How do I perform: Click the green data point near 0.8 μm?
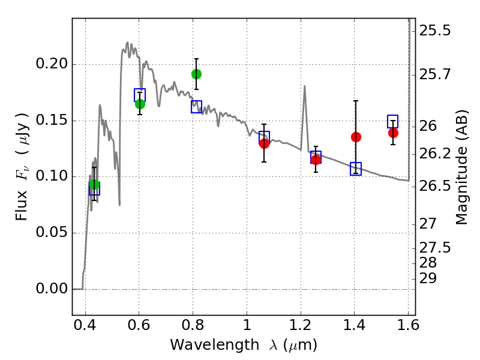pos(197,74)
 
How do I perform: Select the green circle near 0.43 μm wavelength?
pos(95,185)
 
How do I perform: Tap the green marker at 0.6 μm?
pos(140,104)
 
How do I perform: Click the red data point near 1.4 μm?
pos(356,137)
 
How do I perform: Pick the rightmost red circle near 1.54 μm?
pos(394,133)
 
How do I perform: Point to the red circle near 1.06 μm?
pos(264,143)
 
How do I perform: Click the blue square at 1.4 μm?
pos(356,169)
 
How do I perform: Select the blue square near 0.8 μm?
pos(197,107)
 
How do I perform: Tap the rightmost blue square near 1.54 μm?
pos(393,122)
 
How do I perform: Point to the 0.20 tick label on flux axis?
pos(52,64)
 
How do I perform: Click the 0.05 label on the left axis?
pos(52,232)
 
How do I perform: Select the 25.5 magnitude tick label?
pos(435,31)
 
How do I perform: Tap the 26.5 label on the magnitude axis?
pos(435,186)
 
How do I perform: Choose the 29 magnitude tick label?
pos(428,279)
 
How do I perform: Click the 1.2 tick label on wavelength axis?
pos(301,325)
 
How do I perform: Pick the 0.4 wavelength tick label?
pos(85,325)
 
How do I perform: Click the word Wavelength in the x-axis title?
pos(215,345)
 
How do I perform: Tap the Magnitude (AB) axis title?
pos(461,167)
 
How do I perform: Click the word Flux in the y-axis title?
pos(22,206)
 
